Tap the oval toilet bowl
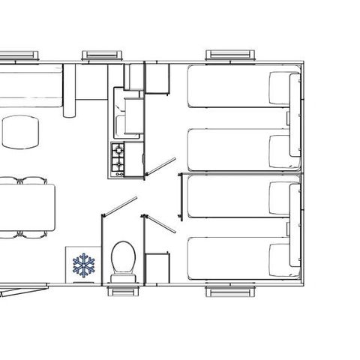coord(121,258)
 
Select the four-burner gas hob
coord(118,158)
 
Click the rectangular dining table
coord(27,205)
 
